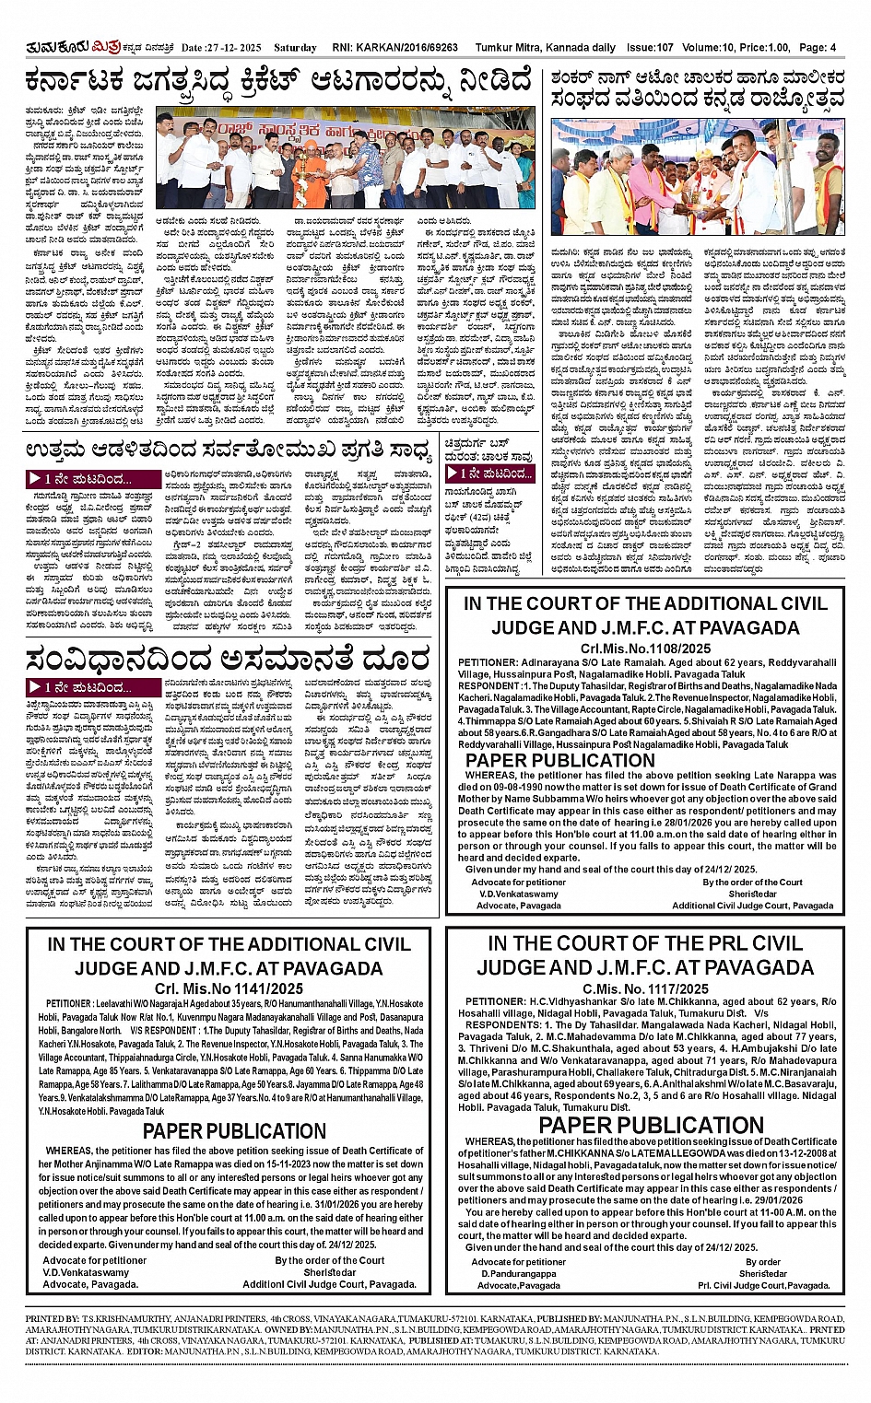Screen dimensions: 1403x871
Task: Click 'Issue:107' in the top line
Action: pos(652,47)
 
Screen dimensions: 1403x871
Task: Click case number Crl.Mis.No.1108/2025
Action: pos(645,649)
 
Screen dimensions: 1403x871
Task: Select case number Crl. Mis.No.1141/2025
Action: pos(229,988)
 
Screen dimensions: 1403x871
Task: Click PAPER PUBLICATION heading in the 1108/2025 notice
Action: pos(559,760)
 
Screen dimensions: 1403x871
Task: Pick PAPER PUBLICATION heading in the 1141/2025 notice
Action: pos(234,1131)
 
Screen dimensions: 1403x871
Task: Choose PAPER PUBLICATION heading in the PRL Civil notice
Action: pos(651,1126)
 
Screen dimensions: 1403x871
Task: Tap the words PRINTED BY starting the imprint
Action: pos(51,1320)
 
